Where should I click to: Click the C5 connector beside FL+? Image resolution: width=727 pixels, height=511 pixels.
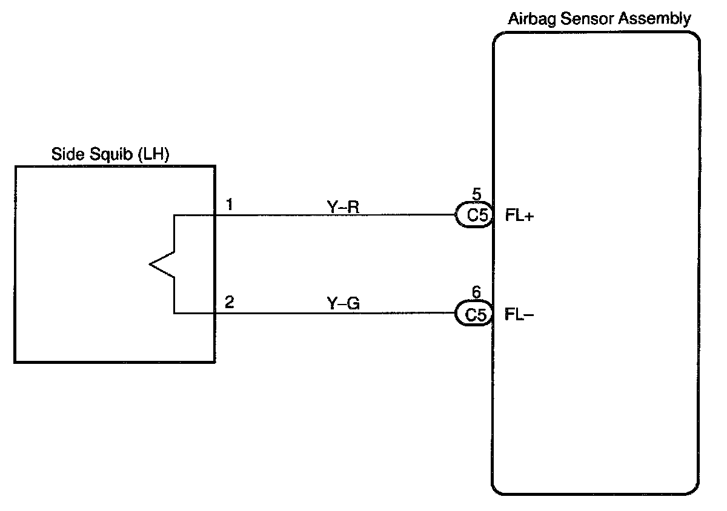tap(474, 216)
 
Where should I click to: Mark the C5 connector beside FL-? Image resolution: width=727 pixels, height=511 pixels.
tap(474, 314)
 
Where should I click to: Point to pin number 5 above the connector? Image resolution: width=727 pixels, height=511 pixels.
tap(476, 196)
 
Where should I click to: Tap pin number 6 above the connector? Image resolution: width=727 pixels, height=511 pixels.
tap(476, 294)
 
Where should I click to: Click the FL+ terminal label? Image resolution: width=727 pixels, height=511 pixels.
tap(519, 216)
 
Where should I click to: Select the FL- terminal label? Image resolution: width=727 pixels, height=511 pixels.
tap(519, 315)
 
